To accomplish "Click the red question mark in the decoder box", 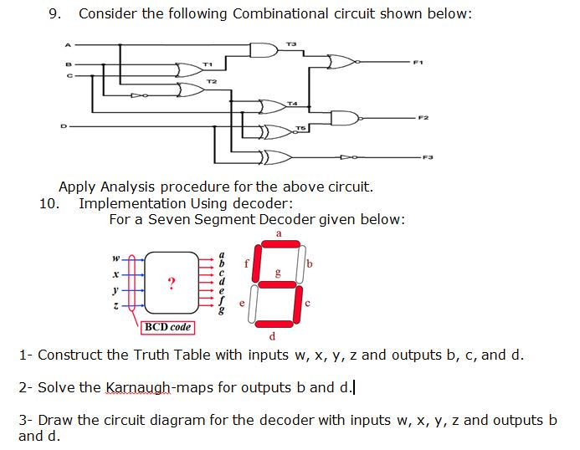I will [x=171, y=284].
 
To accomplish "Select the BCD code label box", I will [x=167, y=327].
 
